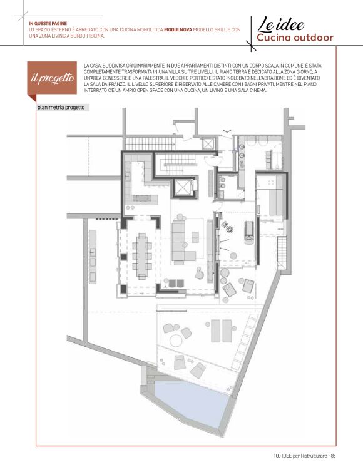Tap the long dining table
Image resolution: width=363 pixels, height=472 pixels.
click(142, 256)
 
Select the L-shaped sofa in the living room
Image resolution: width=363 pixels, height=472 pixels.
click(181, 241)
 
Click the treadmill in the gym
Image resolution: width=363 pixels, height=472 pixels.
click(249, 232)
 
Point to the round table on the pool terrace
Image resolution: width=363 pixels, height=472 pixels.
click(176, 341)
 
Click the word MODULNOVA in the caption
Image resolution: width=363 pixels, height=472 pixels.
click(178, 30)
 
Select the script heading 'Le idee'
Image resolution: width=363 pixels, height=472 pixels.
click(280, 24)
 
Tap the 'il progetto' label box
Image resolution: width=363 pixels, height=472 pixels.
click(52, 78)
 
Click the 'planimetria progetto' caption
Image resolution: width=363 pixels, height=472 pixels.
click(61, 108)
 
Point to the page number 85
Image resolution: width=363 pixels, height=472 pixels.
click(333, 456)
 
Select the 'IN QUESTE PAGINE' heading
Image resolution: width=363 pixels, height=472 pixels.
click(48, 24)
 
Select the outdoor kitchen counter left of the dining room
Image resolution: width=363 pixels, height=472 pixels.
click(93, 257)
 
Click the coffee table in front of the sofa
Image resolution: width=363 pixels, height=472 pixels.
click(195, 237)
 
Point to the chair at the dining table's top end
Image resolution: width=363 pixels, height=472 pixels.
click(142, 235)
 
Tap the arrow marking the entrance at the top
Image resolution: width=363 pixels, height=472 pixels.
click(227, 131)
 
